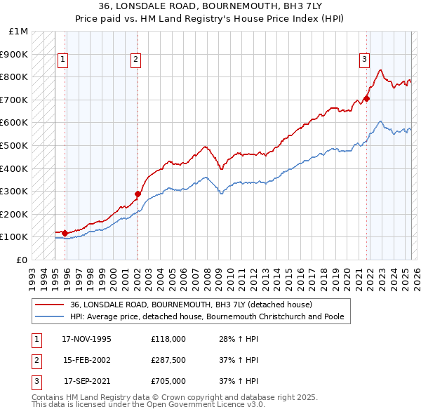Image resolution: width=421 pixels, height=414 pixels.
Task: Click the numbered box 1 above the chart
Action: point(63,60)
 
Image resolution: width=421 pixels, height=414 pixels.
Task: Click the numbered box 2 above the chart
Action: point(134,60)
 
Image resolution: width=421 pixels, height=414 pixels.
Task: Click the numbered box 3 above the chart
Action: point(365,60)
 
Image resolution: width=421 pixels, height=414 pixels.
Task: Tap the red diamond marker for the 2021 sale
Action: point(367,99)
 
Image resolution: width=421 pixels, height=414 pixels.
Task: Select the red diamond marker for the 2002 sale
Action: point(138,194)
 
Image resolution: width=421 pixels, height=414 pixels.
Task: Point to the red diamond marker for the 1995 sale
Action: point(65,233)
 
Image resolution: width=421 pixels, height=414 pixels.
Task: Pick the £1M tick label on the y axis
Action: point(19,32)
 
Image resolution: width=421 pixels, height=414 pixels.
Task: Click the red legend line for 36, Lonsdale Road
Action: point(50,305)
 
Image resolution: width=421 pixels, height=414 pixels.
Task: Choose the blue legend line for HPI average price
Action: point(50,316)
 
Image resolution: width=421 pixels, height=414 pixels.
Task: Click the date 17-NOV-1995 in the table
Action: point(86,340)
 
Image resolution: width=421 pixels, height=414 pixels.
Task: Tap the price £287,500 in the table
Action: point(168,361)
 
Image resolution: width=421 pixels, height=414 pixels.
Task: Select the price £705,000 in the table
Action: point(168,382)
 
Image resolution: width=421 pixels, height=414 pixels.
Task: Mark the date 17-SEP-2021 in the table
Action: point(88,382)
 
